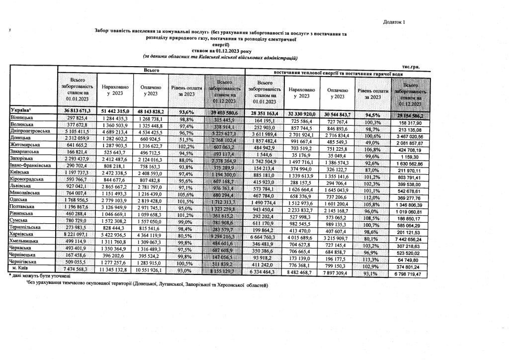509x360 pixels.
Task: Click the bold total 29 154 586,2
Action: tap(409, 115)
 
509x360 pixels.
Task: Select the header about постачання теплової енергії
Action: tap(335, 73)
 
